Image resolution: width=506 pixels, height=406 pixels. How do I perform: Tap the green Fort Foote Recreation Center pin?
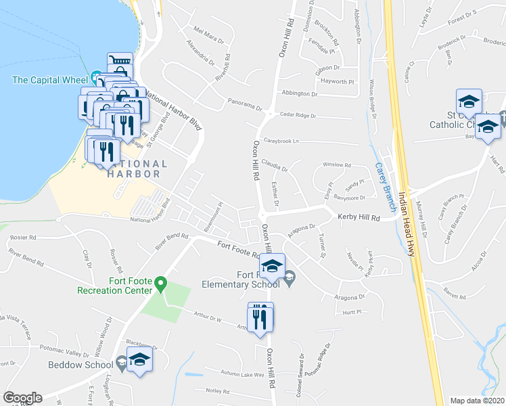(160, 284)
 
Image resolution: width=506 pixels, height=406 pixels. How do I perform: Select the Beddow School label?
(80, 365)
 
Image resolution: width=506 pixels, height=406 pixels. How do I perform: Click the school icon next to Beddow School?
(139, 359)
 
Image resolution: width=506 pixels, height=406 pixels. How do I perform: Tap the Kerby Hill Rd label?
(359, 218)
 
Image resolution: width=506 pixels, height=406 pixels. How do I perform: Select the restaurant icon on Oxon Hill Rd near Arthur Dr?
(260, 317)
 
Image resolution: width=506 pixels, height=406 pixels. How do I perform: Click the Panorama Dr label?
(244, 107)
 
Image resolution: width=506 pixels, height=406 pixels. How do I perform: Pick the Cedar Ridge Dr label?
(298, 116)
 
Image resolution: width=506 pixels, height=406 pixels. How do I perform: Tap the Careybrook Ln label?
(281, 141)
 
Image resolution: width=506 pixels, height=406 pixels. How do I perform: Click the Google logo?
(22, 398)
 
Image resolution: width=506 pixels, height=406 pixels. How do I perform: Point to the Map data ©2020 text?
(478, 401)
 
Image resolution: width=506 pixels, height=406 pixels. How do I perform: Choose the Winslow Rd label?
(337, 165)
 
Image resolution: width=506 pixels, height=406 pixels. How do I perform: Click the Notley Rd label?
(218, 390)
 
